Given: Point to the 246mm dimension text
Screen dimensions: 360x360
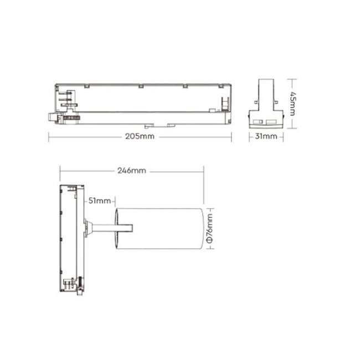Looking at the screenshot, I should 132,171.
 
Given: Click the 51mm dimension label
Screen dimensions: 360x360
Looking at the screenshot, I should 100,200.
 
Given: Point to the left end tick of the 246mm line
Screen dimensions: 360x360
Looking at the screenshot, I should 60,171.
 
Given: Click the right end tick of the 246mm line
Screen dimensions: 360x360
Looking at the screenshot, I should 204,171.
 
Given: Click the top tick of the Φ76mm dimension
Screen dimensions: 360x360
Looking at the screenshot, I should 209,205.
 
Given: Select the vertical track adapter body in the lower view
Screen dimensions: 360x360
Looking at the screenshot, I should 71,238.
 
